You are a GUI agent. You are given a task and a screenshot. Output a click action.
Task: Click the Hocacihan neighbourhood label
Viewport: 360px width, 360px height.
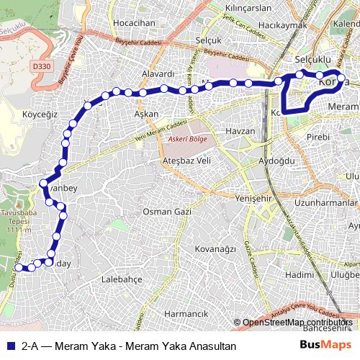pyautogui.click(x=135, y=23)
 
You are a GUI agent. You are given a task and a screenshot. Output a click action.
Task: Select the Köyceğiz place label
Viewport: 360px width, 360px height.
pyautogui.click(x=40, y=114)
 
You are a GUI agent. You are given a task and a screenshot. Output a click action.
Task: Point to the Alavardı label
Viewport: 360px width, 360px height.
pyautogui.click(x=158, y=74)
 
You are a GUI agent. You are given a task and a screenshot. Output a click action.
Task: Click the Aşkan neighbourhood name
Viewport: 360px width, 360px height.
pyautogui.click(x=146, y=114)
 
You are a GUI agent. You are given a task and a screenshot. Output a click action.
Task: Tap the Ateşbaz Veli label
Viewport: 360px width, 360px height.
pyautogui.click(x=186, y=160)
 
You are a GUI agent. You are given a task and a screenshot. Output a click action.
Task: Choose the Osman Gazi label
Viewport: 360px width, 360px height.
pyautogui.click(x=166, y=212)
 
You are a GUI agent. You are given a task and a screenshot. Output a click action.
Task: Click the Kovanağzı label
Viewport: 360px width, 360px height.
pyautogui.click(x=215, y=249)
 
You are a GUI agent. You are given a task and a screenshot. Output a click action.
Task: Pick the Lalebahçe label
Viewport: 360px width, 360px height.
pyautogui.click(x=123, y=278)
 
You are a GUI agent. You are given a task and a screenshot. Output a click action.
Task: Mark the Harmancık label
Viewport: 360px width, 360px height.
pyautogui.click(x=186, y=314)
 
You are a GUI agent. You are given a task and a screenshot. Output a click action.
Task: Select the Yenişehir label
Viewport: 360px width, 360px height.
pyautogui.click(x=254, y=196)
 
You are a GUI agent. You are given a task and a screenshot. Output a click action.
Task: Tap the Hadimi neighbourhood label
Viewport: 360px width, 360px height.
pyautogui.click(x=299, y=274)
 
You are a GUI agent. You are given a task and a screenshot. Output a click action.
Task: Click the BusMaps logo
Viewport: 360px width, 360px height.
pyautogui.click(x=325, y=346)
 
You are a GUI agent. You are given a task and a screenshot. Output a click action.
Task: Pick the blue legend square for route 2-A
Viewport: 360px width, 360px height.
pyautogui.click(x=10, y=346)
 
